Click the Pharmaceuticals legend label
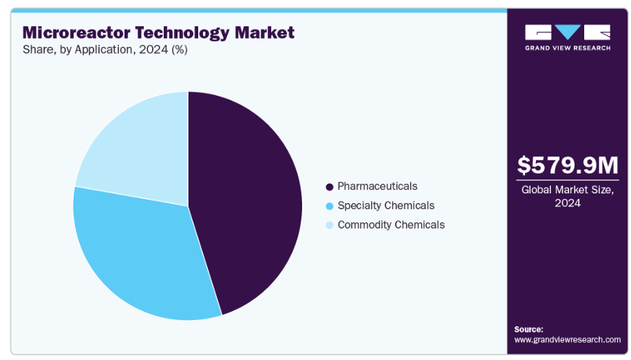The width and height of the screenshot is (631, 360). coord(377,186)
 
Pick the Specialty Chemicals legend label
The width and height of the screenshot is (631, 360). coord(386,205)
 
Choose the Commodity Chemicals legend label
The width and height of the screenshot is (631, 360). coord(391,224)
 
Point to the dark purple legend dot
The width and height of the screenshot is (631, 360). coord(330,187)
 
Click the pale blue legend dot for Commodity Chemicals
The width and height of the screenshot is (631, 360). coord(330,225)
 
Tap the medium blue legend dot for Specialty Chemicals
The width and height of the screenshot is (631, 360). coord(330,206)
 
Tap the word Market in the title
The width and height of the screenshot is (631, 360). coord(265,32)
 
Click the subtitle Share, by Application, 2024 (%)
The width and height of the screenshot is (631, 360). coord(105,50)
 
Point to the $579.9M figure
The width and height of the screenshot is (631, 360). coord(568,165)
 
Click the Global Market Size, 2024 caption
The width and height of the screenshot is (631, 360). coord(568,196)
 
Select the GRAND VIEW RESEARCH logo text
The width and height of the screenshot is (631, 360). coord(568,47)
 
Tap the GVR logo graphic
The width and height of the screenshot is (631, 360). coord(568,32)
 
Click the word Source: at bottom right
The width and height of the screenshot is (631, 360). coord(528,329)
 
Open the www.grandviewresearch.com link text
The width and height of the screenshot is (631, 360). coord(567,339)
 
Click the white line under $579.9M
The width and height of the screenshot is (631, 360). coord(568,180)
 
